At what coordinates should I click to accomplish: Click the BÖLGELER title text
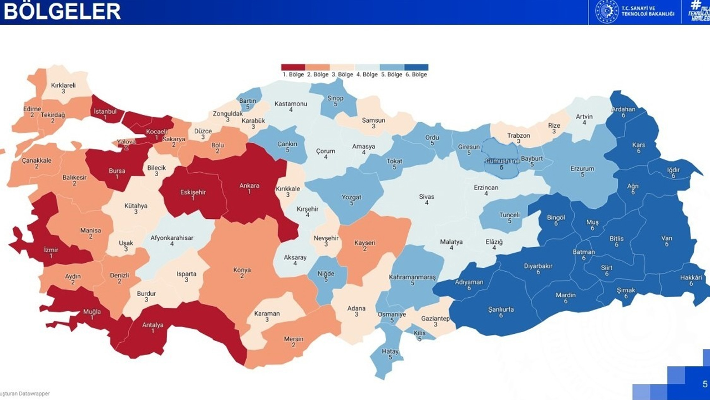62,11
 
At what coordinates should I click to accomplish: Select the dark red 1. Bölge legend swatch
293,67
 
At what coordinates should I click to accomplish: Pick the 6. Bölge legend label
416,74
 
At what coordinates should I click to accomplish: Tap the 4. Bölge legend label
367,74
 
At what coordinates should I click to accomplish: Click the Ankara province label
248,186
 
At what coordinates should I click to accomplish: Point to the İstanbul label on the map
105,112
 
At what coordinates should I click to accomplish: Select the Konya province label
242,271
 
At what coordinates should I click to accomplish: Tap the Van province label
666,239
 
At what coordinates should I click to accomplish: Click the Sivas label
426,197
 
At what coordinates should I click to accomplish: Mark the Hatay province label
390,351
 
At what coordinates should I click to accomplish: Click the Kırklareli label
63,86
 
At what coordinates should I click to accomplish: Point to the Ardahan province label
623,109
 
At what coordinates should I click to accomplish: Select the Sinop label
335,99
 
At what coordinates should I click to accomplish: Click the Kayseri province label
365,243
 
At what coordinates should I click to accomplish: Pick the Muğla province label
92,312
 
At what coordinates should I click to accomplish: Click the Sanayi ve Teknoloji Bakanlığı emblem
606,11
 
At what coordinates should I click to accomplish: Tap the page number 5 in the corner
705,384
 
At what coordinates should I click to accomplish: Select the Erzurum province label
582,169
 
